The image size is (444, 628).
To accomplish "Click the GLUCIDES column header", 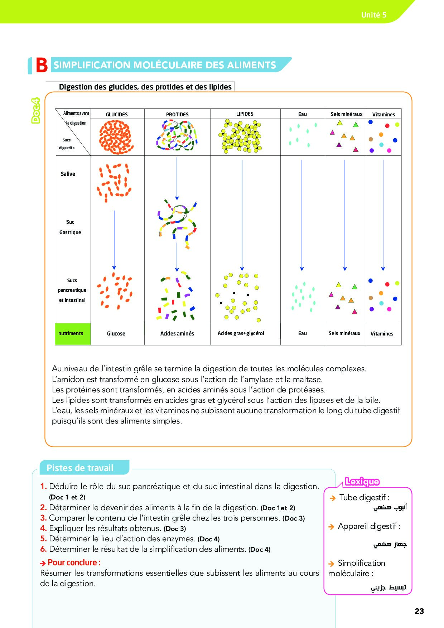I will (x=117, y=114).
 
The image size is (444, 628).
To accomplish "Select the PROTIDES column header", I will (x=177, y=114).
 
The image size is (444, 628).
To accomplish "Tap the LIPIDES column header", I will (x=245, y=114).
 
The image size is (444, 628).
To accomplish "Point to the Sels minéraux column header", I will (x=346, y=114).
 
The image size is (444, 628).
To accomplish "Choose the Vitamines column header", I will (x=383, y=115).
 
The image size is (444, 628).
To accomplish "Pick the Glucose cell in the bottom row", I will (x=116, y=334).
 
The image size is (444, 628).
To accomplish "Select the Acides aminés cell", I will (x=177, y=334).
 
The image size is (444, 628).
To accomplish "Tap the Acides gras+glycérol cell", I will (x=241, y=333).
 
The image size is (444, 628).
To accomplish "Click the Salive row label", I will (x=68, y=174).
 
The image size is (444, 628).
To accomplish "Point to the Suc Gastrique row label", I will (x=70, y=227).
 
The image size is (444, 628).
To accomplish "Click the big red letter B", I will (x=42, y=66).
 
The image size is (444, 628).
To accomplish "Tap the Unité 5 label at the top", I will (x=373, y=15).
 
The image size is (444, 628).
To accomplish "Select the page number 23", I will (x=419, y=611).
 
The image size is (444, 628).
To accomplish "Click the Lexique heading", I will (x=362, y=482).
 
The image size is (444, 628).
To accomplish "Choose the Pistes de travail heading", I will (x=80, y=468).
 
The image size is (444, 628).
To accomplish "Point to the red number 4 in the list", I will (x=43, y=528).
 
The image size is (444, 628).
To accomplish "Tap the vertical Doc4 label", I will (x=36, y=111).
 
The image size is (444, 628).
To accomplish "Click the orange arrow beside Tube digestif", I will (x=332, y=498).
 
